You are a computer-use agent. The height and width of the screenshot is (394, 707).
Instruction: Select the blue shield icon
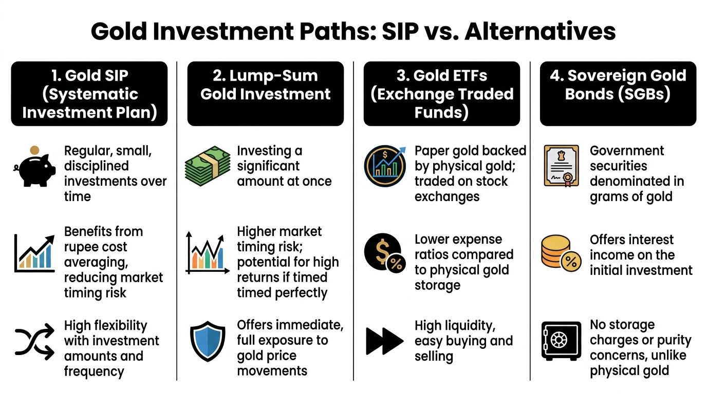point(207,341)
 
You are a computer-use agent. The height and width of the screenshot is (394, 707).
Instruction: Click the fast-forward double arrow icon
point(384,341)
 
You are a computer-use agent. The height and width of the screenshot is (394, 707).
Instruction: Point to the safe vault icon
point(561,341)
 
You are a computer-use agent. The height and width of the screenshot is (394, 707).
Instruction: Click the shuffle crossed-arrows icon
point(34,341)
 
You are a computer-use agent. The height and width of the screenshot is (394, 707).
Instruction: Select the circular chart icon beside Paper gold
point(384,165)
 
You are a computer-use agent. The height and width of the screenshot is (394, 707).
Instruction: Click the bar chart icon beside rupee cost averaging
point(34,254)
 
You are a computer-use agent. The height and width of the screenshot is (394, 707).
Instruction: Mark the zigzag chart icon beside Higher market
point(207,254)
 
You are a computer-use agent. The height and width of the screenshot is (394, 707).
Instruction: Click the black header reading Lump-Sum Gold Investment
point(265,93)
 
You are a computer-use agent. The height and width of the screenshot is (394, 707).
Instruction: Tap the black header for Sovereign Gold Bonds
point(618,93)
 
